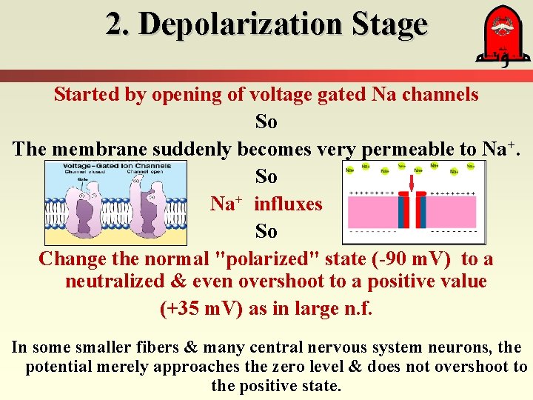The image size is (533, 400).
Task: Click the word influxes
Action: pyautogui.click(x=288, y=204)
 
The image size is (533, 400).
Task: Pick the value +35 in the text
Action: pyautogui.click(x=185, y=309)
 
